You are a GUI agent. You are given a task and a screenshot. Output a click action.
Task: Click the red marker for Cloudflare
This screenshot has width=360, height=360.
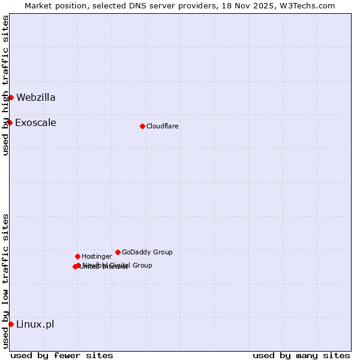[x=142, y=126]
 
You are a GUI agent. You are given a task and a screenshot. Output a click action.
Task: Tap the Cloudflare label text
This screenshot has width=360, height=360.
[x=163, y=126]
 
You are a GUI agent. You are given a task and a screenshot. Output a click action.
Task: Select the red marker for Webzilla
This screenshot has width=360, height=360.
[x=11, y=97]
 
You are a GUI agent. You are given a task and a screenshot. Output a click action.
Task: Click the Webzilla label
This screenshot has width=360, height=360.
[x=36, y=97]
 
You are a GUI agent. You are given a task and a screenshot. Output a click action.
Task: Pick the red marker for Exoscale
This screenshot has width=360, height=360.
[x=10, y=122]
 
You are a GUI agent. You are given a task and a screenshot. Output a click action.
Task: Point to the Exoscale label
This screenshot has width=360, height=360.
[x=35, y=123]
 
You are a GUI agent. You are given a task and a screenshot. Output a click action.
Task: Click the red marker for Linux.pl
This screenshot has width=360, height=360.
[x=11, y=324]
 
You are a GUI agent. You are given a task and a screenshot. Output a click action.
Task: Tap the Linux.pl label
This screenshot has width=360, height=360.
[x=35, y=325]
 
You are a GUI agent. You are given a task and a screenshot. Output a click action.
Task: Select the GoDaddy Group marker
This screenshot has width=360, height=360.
[x=118, y=252]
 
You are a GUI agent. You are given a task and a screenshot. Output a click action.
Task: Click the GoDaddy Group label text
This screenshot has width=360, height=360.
[x=147, y=252]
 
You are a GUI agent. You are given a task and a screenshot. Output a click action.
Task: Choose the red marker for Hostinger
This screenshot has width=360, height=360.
[x=77, y=256]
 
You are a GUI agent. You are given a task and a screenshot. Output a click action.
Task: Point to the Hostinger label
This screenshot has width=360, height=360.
[x=97, y=256]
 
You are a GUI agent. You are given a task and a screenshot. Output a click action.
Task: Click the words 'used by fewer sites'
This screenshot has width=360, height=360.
[x=62, y=355]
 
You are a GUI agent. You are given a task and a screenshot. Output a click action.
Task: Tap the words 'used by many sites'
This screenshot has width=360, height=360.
[x=301, y=355]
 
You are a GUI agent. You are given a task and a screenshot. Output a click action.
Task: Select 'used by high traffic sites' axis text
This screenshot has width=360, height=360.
[x=5, y=85]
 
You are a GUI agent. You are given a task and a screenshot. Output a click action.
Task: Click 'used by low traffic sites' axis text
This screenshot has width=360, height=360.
[x=5, y=280]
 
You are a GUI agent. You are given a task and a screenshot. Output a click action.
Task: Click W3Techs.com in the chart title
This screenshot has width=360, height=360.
[x=310, y=5]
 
